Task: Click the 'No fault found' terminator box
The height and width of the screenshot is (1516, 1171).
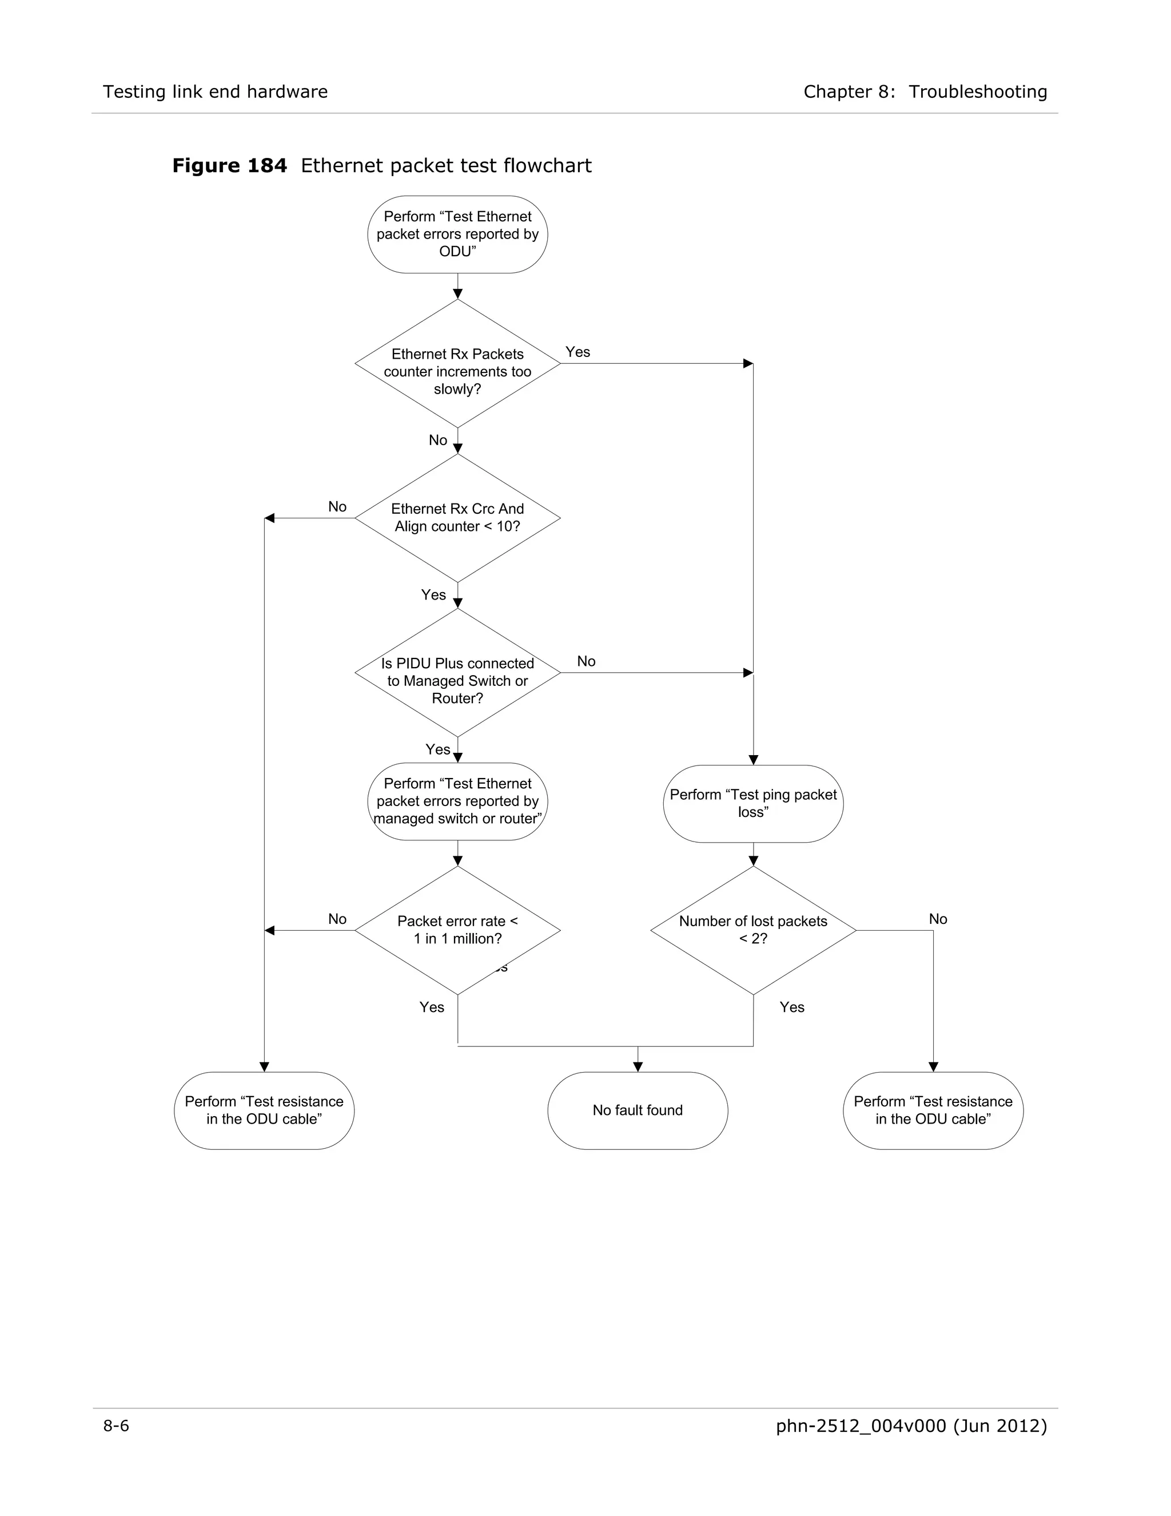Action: point(638,1110)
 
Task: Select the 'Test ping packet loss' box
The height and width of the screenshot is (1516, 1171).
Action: point(754,804)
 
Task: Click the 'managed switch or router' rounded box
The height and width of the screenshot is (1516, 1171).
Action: point(457,801)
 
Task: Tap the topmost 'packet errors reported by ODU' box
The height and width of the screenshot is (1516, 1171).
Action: point(457,235)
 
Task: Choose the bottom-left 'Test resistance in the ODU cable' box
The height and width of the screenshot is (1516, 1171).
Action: point(264,1110)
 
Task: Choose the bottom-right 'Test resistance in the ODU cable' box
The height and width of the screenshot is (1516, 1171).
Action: point(933,1110)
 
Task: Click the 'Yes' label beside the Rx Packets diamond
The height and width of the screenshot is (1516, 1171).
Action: point(578,352)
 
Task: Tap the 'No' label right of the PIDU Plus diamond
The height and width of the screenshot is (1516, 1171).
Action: point(586,661)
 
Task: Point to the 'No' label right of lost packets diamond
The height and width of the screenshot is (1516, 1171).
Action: point(938,919)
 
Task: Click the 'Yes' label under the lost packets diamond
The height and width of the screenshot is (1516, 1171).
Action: point(791,1007)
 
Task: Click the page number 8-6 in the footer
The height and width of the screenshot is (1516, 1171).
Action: point(117,1426)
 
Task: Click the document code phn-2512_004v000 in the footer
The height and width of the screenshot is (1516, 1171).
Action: point(860,1426)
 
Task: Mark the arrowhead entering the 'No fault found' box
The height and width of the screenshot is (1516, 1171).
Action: point(638,1067)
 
